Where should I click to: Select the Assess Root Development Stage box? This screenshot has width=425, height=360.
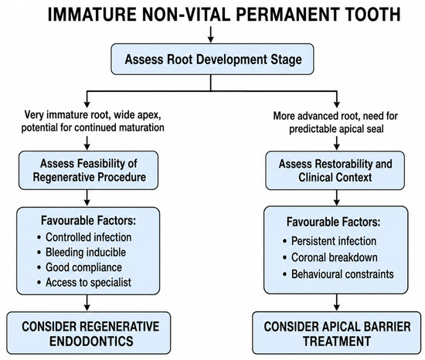212,59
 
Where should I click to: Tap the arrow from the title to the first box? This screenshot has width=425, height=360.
211,35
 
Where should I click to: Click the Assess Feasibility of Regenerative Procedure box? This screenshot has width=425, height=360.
88,171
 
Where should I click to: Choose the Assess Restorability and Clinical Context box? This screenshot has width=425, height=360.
335,171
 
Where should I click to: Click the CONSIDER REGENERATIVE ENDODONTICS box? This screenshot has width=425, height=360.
89,333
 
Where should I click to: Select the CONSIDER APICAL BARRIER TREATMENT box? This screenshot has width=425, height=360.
337,333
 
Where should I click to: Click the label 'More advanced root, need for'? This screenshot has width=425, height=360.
335,116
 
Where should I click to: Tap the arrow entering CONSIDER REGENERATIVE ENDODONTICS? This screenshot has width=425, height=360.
87,303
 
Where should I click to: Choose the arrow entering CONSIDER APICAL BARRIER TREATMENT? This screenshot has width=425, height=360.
337,302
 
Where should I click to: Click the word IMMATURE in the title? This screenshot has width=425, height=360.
92,15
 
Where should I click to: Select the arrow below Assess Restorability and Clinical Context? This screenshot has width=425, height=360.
337,198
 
